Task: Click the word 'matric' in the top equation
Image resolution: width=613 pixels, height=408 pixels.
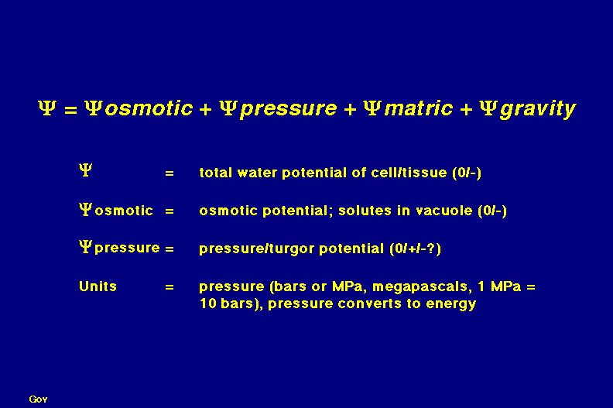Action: tap(419, 108)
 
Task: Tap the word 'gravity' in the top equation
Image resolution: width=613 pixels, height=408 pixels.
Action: tap(539, 109)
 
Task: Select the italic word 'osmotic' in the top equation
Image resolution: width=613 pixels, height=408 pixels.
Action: tap(149, 108)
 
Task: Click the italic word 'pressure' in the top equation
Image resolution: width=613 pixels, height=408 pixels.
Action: tap(289, 109)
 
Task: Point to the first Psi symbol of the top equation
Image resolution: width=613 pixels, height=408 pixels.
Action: tap(47, 108)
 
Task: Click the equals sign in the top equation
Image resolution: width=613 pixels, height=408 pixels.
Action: tap(70, 110)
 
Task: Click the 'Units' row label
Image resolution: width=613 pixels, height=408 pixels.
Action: tap(98, 286)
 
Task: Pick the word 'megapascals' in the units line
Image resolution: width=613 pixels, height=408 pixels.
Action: tap(420, 287)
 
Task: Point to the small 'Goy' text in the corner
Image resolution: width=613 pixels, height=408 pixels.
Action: tap(39, 399)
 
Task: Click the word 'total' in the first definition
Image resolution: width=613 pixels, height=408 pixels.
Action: tap(216, 173)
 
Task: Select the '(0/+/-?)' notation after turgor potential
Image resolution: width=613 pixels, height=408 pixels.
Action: tap(415, 249)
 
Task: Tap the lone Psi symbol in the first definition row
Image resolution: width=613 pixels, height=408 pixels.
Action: tap(85, 170)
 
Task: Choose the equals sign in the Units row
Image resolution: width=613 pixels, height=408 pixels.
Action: tap(170, 287)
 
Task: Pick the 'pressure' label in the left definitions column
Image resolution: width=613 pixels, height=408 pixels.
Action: tap(127, 249)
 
